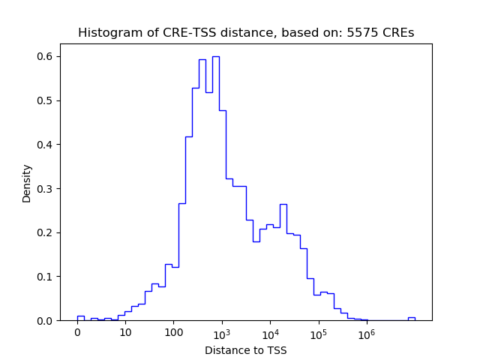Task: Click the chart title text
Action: coord(245,33)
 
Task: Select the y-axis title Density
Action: coord(27,183)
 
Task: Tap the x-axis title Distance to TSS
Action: coord(245,350)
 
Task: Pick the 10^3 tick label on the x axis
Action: coord(222,333)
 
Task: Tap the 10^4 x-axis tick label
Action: coord(270,333)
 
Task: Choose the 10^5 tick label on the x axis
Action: coord(318,333)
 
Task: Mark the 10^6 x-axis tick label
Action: coord(367,333)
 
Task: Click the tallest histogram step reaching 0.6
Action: coord(215,57)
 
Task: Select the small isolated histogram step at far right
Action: coord(411,318)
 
